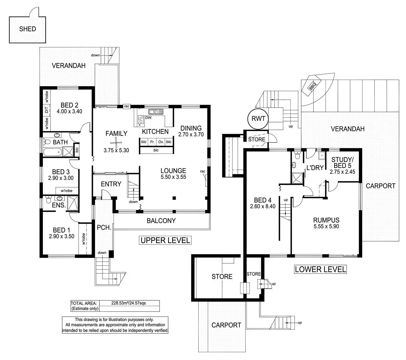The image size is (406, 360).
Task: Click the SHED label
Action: [27, 29]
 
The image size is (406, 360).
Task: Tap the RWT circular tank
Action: [258, 119]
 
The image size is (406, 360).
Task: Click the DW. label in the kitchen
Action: [149, 118]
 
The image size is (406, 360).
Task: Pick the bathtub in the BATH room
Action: [53, 152]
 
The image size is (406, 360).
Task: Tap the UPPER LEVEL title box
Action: [165, 240]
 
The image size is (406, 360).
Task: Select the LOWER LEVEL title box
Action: [320, 269]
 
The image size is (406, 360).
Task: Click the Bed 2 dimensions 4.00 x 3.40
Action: [69, 112]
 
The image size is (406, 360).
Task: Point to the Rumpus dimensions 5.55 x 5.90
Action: [326, 227]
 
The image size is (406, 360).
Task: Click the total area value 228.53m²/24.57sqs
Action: [129, 303]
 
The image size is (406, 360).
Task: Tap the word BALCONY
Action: [161, 221]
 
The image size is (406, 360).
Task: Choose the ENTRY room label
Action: [111, 184]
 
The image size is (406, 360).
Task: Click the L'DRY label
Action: [315, 168]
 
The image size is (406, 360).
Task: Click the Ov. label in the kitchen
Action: [161, 142]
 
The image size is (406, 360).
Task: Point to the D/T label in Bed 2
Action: [47, 110]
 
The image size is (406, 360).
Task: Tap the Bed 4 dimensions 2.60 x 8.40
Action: [262, 206]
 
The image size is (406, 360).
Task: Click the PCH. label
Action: [104, 228]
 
